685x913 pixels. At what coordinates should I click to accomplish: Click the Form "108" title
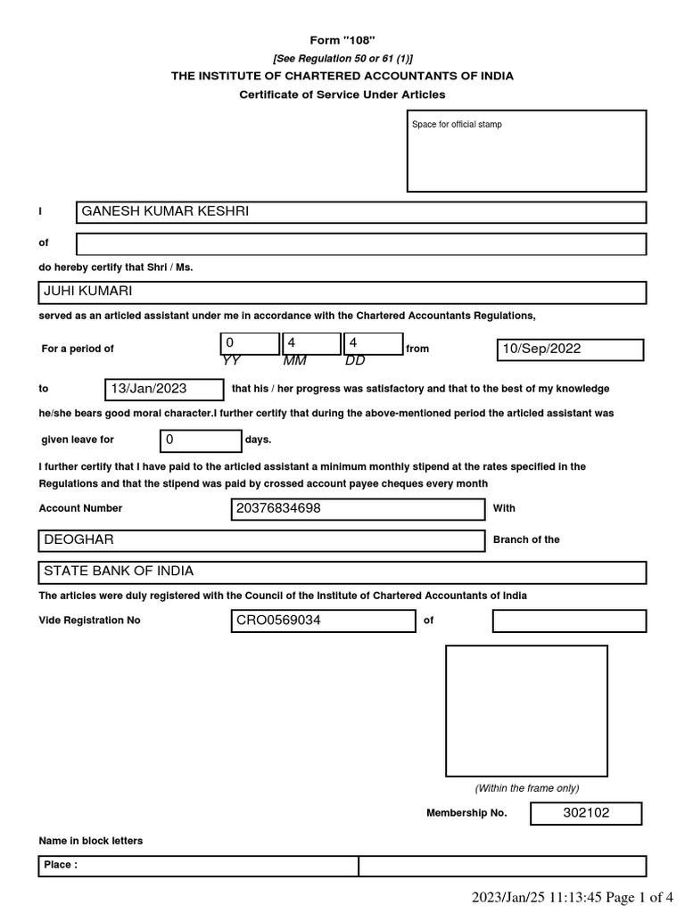click(342, 40)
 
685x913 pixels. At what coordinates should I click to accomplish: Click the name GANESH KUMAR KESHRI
click(165, 211)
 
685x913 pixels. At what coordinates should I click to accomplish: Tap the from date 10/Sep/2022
click(541, 349)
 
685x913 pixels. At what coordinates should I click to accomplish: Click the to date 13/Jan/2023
click(148, 389)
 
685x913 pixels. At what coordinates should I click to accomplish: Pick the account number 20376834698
click(277, 508)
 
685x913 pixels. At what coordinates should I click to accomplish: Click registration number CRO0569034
click(277, 621)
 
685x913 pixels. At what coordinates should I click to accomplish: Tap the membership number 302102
click(585, 813)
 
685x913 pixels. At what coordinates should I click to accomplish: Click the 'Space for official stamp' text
click(457, 125)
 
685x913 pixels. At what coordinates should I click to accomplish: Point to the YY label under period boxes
click(232, 361)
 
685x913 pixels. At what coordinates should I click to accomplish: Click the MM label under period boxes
click(293, 361)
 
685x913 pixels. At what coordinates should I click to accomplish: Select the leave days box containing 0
click(201, 440)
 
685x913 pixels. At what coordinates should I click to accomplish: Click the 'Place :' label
click(61, 865)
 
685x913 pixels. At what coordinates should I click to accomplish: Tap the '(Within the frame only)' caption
click(526, 788)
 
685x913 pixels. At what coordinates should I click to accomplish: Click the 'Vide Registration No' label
click(89, 621)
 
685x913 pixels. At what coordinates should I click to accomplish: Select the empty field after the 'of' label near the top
click(361, 244)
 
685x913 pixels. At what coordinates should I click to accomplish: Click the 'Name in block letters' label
click(91, 841)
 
